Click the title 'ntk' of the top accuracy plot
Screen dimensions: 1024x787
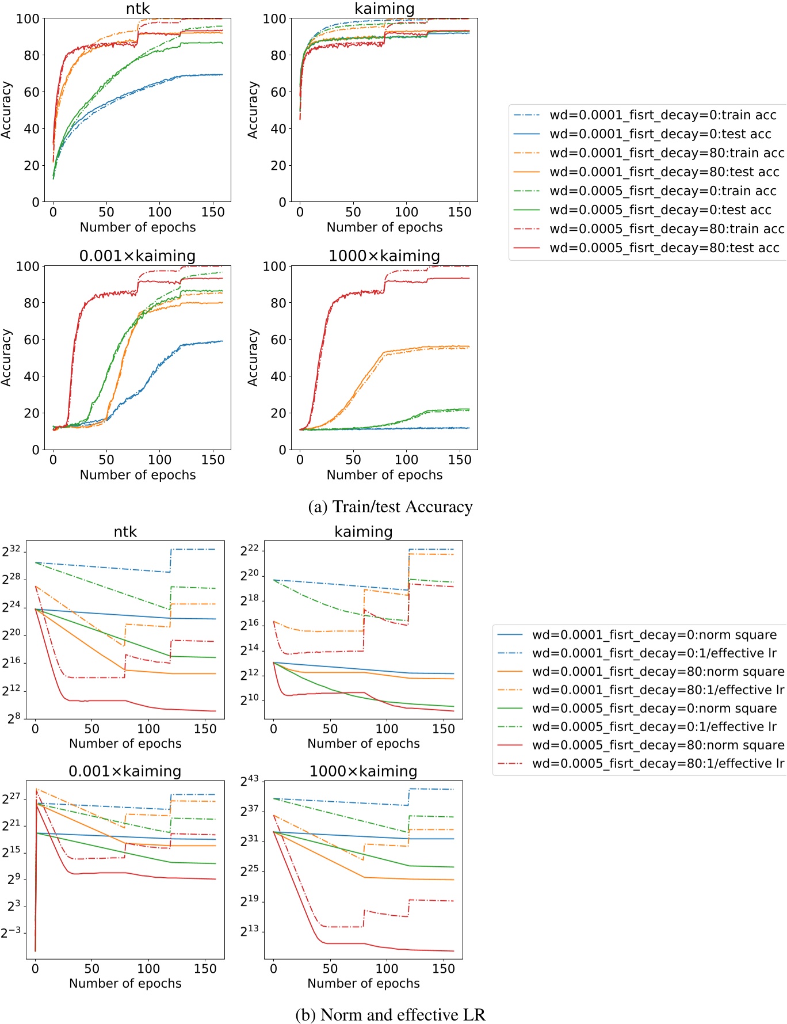tap(137, 9)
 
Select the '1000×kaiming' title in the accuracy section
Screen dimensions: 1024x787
tap(384, 256)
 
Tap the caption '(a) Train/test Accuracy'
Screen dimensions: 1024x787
tap(390, 507)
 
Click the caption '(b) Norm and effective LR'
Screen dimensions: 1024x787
tap(390, 1014)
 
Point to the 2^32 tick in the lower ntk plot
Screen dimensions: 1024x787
tap(12, 551)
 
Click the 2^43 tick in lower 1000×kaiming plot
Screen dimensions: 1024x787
tap(250, 781)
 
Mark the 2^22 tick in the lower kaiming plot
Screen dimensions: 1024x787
tap(250, 550)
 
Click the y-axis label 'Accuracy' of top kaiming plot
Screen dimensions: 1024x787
tap(252, 110)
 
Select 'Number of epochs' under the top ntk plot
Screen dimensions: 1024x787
tap(137, 227)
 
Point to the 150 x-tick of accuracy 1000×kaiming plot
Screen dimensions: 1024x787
tap(460, 459)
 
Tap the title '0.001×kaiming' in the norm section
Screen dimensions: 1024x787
tap(125, 771)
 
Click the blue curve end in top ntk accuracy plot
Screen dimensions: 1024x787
tap(221, 75)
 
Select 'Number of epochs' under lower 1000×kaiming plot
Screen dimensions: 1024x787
tap(363, 983)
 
